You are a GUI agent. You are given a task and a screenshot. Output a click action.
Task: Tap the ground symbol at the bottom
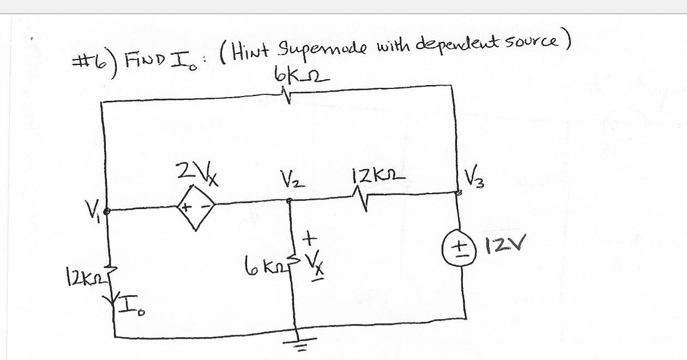point(298,344)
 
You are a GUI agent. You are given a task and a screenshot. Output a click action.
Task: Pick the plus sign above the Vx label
point(309,238)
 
